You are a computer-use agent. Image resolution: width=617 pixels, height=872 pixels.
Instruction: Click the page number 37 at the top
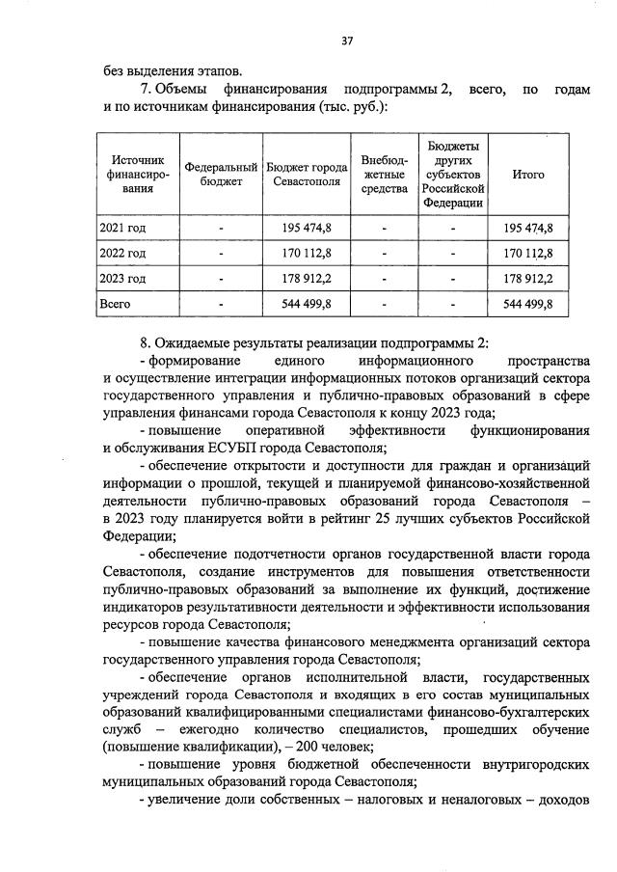(x=348, y=41)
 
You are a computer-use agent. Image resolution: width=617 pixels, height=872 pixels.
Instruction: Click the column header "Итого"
(x=527, y=175)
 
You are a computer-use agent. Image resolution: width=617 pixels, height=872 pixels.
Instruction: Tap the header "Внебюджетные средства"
(x=384, y=175)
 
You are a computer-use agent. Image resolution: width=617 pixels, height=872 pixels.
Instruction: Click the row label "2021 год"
(x=122, y=229)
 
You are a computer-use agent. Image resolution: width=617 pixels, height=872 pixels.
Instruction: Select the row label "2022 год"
(x=122, y=254)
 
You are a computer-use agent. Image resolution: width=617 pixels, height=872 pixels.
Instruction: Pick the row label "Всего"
(x=116, y=304)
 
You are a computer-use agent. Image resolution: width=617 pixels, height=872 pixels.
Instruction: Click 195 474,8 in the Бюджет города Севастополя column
(x=307, y=229)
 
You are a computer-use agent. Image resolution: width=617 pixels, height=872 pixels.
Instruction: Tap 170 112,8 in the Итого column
(x=528, y=254)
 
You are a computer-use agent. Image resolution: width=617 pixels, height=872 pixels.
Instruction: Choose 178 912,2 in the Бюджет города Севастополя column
(x=307, y=279)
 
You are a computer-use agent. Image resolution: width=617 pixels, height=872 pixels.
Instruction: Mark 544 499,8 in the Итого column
(x=528, y=304)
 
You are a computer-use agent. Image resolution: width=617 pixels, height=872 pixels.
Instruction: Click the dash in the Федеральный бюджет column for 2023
(x=221, y=279)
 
